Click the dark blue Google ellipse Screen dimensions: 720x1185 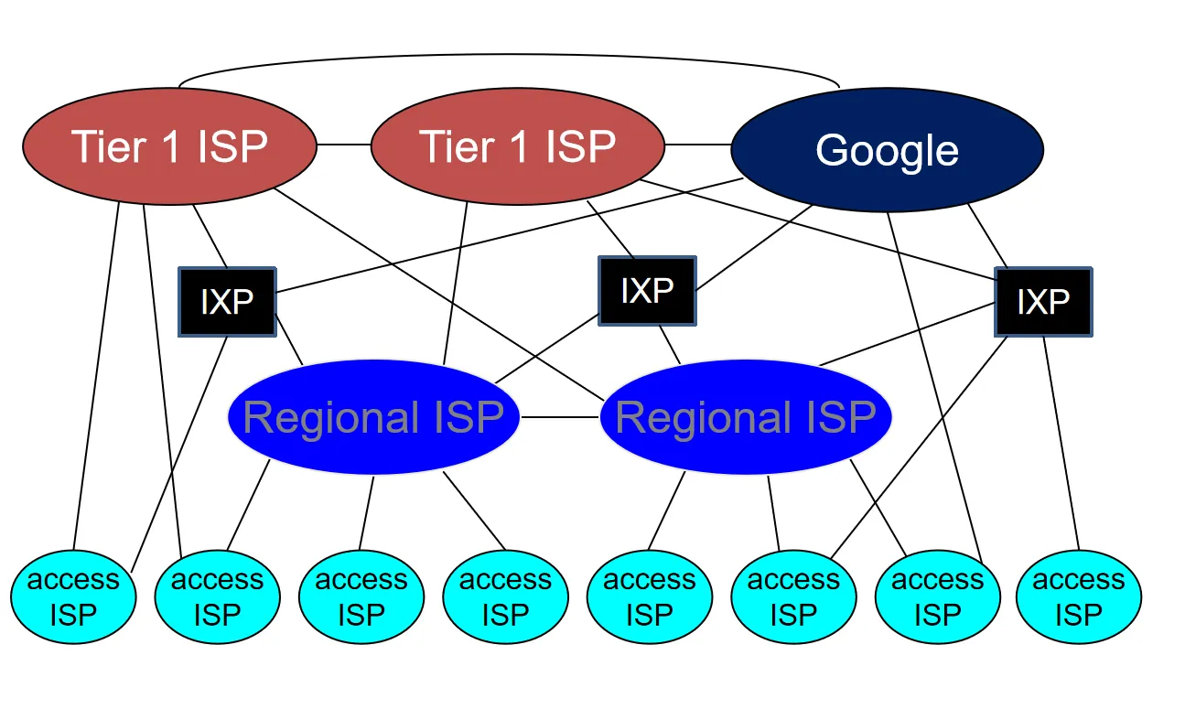[x=887, y=150]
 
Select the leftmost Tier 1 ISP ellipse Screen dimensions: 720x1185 [x=169, y=146]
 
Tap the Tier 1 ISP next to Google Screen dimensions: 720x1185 [x=517, y=146]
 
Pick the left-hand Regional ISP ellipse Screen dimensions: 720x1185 [x=373, y=417]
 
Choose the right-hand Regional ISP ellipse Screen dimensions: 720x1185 [x=746, y=417]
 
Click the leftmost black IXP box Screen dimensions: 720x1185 [x=227, y=302]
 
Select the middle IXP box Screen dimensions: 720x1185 [x=647, y=291]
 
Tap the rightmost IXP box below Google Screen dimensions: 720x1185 [x=1043, y=302]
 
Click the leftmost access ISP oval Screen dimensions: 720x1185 [x=73, y=596]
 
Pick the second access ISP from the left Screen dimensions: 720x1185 [x=217, y=596]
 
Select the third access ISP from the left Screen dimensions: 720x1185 [x=361, y=596]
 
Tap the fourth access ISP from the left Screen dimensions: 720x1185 [x=505, y=596]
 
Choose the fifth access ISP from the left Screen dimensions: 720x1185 [x=649, y=596]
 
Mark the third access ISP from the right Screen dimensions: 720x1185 [x=793, y=596]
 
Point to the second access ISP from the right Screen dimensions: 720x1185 [x=937, y=596]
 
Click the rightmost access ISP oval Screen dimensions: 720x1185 [x=1079, y=596]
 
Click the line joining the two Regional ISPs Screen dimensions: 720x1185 [x=559, y=417]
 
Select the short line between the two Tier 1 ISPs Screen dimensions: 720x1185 [x=343, y=145]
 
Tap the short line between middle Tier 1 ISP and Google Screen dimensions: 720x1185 [x=697, y=145]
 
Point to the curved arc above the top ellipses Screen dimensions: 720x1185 [x=509, y=57]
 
